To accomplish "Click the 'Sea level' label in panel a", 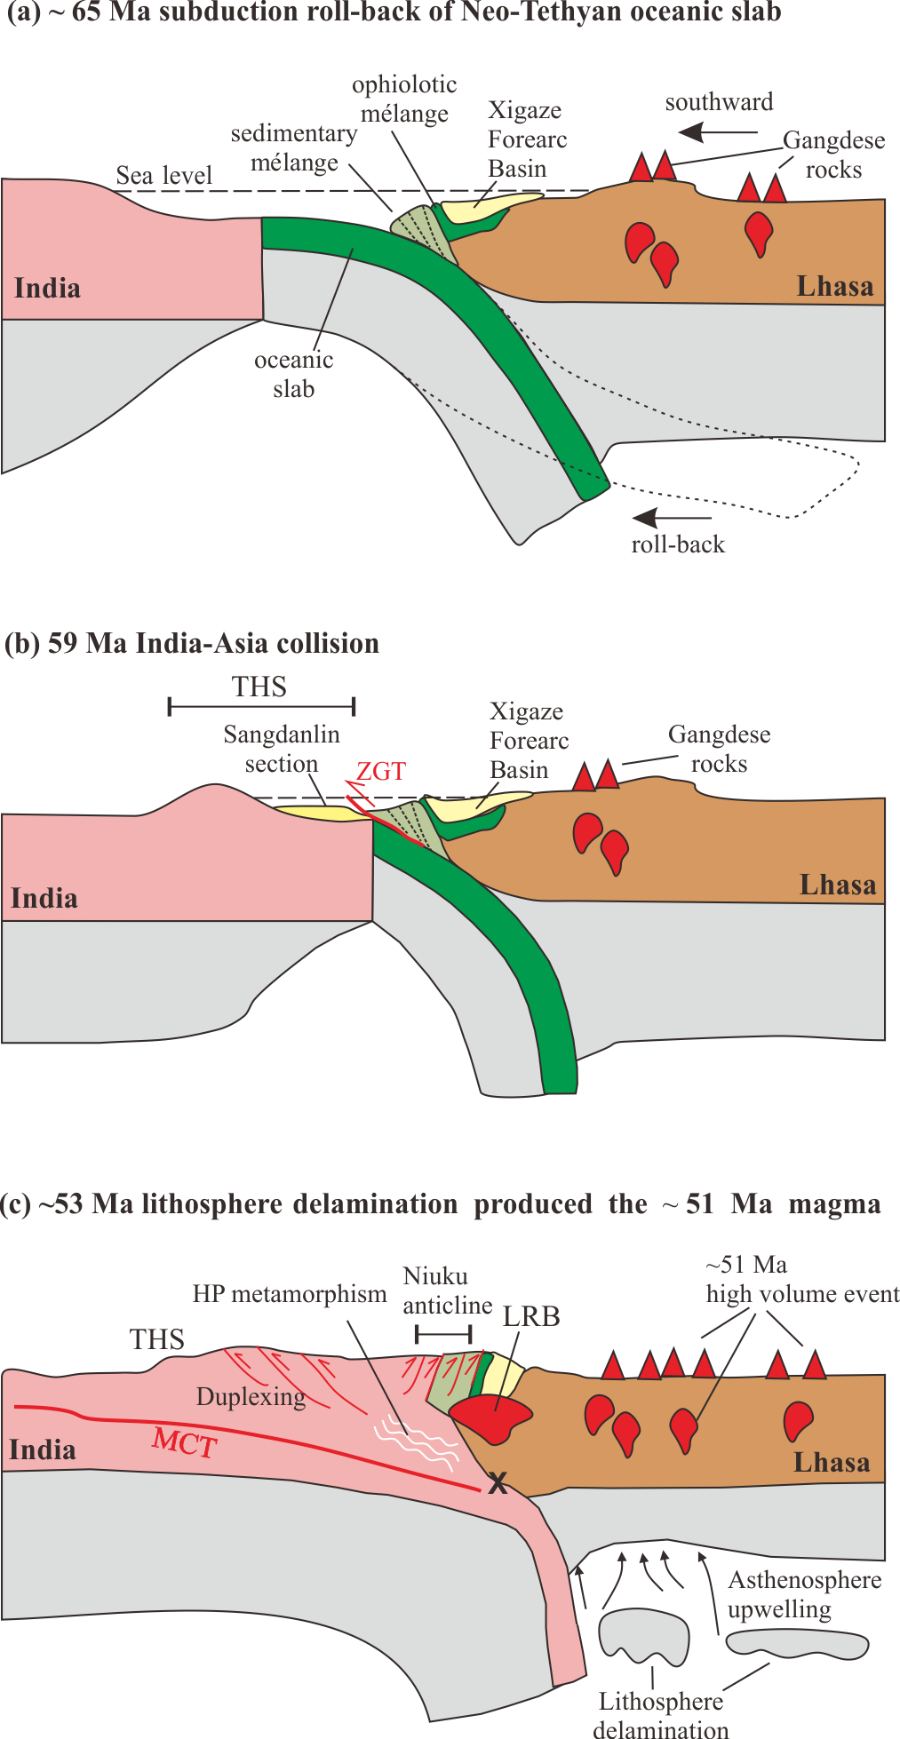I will [164, 175].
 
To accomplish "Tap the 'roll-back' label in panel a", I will [678, 544].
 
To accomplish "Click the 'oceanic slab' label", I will [294, 374].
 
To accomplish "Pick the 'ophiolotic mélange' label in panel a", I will [404, 99].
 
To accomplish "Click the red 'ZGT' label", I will [381, 771].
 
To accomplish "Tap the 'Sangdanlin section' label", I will [282, 749].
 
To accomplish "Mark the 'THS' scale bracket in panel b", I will [262, 706].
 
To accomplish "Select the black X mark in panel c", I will [498, 1481].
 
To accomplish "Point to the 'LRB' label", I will [531, 1316].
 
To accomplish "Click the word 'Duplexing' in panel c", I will [251, 1397].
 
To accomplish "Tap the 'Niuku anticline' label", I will [447, 1290].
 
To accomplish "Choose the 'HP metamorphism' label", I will [290, 1294].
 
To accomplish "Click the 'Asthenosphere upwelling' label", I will [804, 1593].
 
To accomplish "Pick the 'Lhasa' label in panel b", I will [837, 885].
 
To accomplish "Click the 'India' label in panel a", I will [47, 288].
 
